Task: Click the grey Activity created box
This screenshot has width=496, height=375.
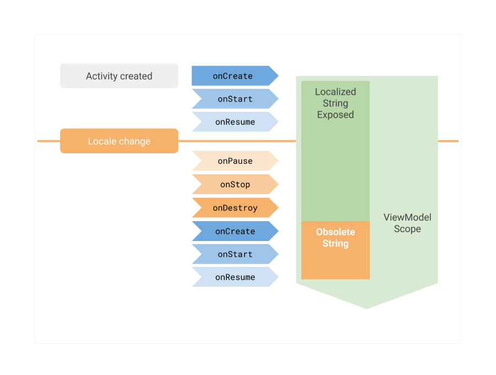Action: (119, 76)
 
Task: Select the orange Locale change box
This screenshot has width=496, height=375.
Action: (119, 141)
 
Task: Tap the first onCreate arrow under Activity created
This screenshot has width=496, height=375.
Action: (234, 76)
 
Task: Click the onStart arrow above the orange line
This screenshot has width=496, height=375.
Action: (235, 99)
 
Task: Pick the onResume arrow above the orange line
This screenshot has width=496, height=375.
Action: (235, 122)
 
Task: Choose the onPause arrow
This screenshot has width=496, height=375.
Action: (235, 161)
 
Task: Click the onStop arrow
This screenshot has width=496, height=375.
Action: (235, 184)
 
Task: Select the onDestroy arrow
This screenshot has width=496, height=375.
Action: (235, 208)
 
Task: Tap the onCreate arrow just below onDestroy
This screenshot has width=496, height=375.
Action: (235, 232)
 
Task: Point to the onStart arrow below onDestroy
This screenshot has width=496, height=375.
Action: (235, 254)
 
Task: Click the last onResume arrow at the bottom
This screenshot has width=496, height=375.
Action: (235, 277)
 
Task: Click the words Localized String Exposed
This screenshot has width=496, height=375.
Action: (335, 103)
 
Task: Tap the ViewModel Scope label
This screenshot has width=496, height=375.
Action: (407, 223)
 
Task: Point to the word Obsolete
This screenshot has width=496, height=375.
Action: (335, 232)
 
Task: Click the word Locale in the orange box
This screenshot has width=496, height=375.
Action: (102, 142)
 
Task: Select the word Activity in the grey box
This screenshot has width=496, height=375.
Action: (101, 76)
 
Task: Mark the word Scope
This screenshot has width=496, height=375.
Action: (407, 229)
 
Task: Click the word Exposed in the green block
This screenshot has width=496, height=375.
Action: (335, 115)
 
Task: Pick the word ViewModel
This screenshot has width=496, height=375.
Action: (407, 217)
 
